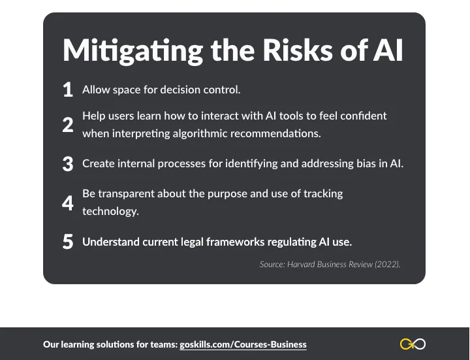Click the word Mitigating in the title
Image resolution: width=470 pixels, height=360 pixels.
pyautogui.click(x=133, y=51)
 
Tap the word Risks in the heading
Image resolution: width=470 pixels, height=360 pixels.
pyautogui.click(x=298, y=50)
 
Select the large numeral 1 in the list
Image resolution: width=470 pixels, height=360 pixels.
pyautogui.click(x=68, y=90)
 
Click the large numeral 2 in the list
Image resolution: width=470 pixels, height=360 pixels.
pyautogui.click(x=68, y=125)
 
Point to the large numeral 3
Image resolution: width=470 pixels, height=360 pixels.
pyautogui.click(x=68, y=164)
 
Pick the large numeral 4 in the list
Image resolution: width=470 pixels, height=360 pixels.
pyautogui.click(x=68, y=203)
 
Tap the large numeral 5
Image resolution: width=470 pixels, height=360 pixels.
pyautogui.click(x=68, y=242)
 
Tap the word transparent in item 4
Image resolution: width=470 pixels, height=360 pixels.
pyautogui.click(x=126, y=194)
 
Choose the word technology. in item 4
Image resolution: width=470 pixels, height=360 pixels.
pyautogui.click(x=110, y=212)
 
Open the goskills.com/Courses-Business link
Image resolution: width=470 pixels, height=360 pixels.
pyautogui.click(x=243, y=344)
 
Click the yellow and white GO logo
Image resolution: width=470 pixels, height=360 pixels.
pyautogui.click(x=413, y=344)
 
